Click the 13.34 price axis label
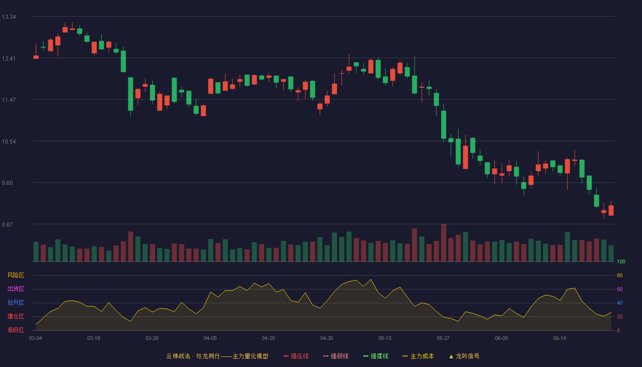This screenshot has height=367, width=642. coord(9,17)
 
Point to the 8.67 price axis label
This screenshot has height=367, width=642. coord(7,224)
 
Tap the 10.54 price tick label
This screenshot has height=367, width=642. coord(9,142)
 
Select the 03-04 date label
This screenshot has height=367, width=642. coord(36,339)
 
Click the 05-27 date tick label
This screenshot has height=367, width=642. coord(443,339)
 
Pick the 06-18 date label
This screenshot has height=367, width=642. coord(560,339)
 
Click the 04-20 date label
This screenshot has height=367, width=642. coord(269,339)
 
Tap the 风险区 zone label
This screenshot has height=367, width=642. coord(16,275)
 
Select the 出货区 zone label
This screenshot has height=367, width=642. coord(16,289)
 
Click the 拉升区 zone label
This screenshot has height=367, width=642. coord(16,302)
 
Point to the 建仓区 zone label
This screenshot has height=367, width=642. coord(16,316)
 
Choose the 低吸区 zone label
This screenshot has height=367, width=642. coord(16,330)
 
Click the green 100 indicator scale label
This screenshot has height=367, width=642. coord(621,261)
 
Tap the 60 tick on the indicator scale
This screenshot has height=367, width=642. coord(620,289)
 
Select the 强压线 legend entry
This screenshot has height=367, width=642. coord(296,356)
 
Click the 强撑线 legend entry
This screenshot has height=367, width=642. coord(376,356)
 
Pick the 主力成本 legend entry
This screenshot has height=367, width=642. coord(418,356)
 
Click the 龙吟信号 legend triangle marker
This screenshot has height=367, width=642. coord(451,357)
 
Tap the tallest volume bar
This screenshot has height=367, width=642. coord(444,243)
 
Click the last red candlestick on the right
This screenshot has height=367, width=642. coord(611,211)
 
